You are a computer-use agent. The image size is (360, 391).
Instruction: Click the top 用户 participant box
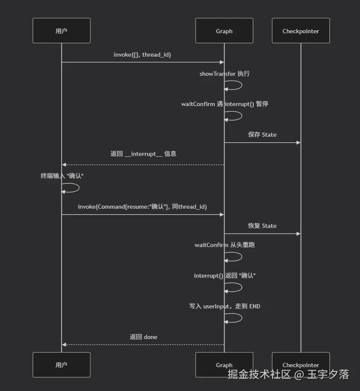tap(61, 31)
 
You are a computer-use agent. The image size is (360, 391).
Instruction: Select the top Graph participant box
tap(224, 31)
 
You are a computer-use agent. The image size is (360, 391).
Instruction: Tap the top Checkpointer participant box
tap(301, 31)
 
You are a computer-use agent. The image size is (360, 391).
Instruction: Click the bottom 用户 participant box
tap(61, 365)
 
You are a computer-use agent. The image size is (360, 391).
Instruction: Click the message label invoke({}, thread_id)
tap(142, 55)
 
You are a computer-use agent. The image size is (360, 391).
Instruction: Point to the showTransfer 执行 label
tap(224, 74)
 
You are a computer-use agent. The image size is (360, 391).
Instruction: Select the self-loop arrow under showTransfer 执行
tap(242, 85)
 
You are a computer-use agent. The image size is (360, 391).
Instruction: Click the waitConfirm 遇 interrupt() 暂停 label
tap(225, 104)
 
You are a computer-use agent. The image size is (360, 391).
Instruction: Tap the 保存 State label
tap(262, 135)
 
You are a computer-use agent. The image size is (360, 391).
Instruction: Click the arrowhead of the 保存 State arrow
tap(298, 143)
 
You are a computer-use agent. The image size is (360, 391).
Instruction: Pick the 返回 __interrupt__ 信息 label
tap(143, 154)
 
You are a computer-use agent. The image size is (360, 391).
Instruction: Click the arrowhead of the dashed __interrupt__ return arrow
tap(64, 164)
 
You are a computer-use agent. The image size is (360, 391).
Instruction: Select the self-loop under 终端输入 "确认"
tap(79, 188)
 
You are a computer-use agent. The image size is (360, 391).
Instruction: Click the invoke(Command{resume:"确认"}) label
tap(142, 207)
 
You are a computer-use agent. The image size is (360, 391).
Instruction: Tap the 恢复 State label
tap(262, 226)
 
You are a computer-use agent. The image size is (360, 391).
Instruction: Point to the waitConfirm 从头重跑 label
tap(225, 245)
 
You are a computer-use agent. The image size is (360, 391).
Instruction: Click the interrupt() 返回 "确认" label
tap(225, 276)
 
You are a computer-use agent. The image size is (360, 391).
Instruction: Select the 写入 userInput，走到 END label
tap(225, 306)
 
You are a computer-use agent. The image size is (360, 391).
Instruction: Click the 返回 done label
tap(144, 337)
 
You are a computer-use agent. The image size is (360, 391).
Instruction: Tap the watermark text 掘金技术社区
tap(259, 374)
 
